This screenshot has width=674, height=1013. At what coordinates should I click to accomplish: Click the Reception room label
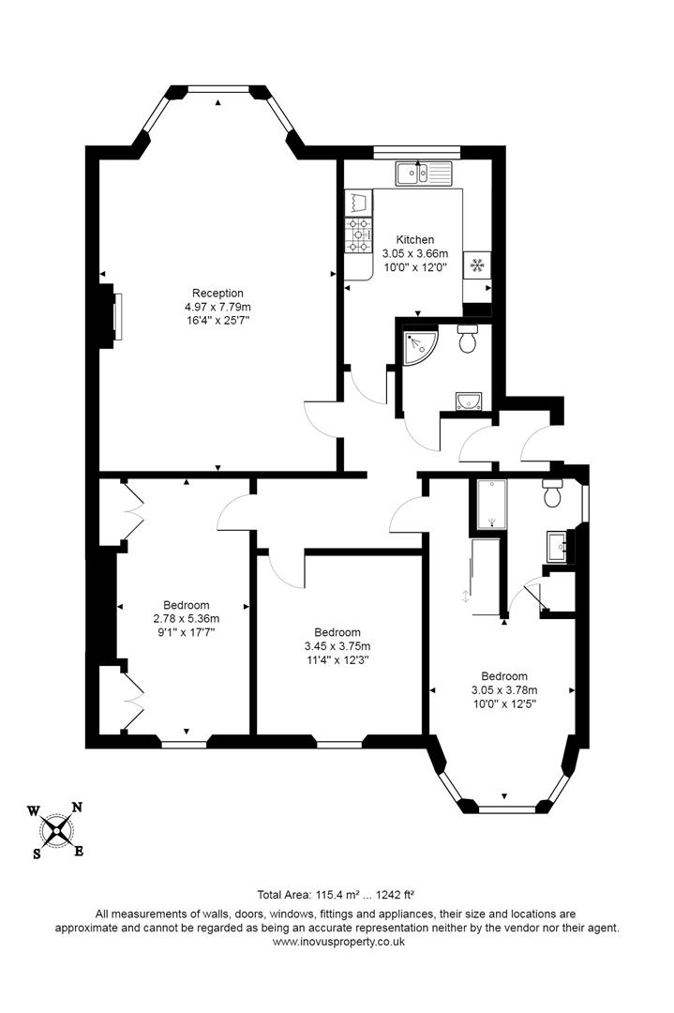pos(217,293)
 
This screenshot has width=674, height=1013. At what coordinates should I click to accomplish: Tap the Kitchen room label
pos(414,240)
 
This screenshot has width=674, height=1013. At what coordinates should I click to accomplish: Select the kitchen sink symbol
pos(423,172)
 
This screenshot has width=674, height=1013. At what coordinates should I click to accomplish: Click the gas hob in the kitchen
pos(358,234)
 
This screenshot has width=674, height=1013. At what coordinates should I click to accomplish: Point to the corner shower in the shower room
pos(415,346)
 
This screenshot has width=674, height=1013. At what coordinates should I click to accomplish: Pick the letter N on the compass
pos(78,807)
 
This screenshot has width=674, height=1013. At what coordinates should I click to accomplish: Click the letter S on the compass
pos(37,854)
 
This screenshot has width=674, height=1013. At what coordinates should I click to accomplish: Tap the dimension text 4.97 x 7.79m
pos(217,307)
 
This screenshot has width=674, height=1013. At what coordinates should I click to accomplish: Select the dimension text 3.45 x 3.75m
pos(337,646)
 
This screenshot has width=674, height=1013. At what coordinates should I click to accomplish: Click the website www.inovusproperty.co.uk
pos(337,942)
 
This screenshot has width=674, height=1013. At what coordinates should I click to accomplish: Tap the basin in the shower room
pos(468,401)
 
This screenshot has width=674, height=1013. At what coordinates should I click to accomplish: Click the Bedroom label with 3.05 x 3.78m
pos(504,676)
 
